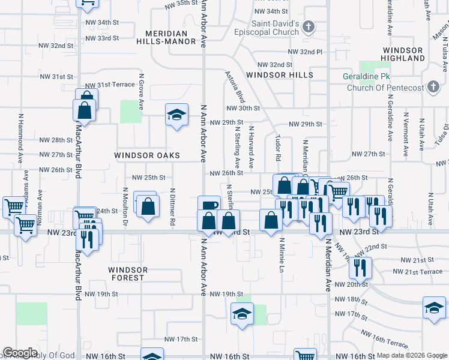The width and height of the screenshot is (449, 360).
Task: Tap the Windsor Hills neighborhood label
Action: point(280,75)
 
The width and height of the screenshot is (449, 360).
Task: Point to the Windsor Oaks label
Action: point(147,155)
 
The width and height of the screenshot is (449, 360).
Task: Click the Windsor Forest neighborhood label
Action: point(127,274)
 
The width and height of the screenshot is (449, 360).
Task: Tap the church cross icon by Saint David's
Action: point(309,27)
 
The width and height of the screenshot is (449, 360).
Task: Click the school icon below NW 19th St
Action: point(242,314)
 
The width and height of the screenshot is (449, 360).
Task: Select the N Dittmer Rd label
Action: point(172,208)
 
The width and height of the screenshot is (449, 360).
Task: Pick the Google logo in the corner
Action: point(20,353)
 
